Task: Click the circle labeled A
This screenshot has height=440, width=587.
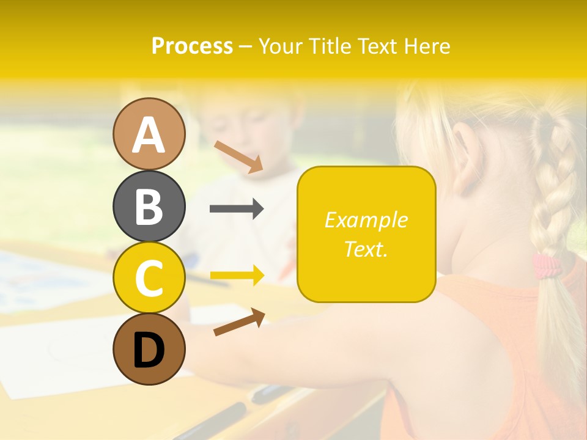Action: coord(149,134)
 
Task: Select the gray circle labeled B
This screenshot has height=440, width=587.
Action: coord(149,206)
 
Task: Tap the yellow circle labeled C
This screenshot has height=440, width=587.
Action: coord(149,278)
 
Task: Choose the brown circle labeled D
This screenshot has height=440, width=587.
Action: coord(149,350)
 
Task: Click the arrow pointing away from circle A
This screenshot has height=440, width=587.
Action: coord(238,156)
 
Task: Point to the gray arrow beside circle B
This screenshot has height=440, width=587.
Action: coord(237,209)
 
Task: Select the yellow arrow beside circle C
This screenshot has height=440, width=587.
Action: coord(237,276)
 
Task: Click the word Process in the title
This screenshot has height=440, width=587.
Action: coord(192,46)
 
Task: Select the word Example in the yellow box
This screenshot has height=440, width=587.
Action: coord(366,220)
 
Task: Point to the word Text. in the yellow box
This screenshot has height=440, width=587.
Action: coord(366,249)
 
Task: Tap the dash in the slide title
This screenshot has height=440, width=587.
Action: coord(246,46)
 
